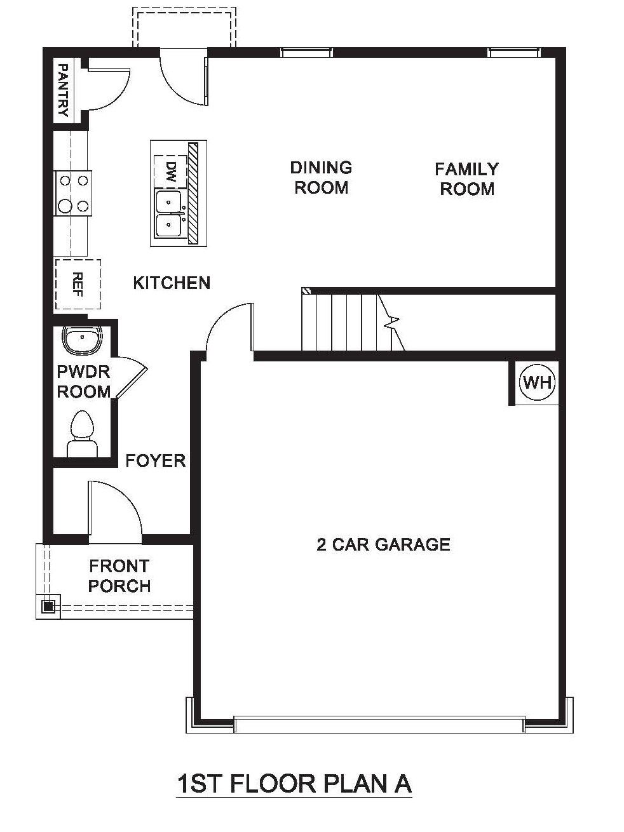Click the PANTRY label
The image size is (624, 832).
[63, 90]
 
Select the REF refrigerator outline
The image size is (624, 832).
[78, 283]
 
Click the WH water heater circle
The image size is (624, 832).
[537, 382]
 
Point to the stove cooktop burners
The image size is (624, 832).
[73, 192]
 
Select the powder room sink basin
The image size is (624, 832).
[82, 340]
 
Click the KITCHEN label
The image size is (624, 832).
[172, 283]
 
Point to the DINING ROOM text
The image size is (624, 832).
[321, 177]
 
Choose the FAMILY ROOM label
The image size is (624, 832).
[467, 179]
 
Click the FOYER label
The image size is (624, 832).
[155, 460]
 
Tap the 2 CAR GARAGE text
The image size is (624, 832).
[383, 544]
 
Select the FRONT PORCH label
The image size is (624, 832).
[119, 575]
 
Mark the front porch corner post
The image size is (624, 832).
[48, 606]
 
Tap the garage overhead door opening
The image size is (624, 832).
[379, 724]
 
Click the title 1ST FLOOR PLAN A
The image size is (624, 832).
[294, 784]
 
